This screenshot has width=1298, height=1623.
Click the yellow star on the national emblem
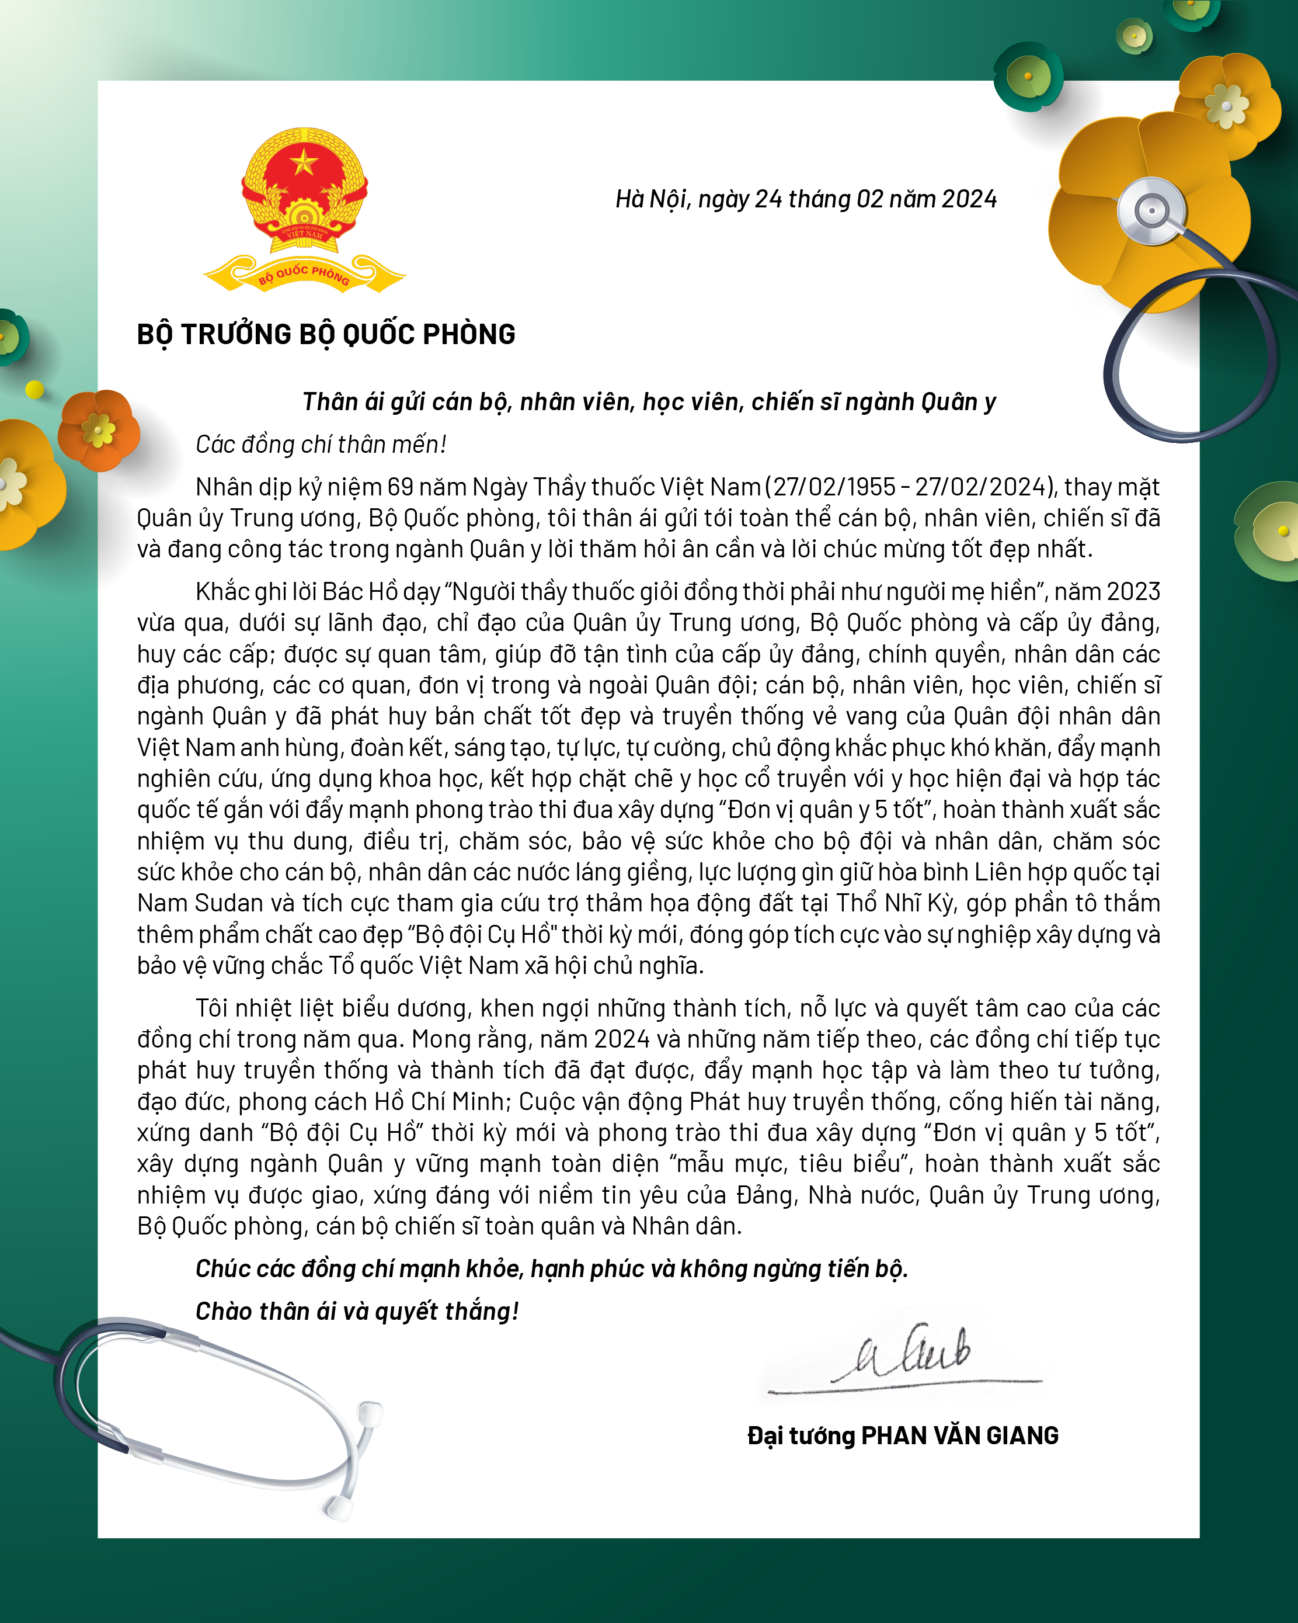304,162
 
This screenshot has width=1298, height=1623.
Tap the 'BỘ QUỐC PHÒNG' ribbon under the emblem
304,276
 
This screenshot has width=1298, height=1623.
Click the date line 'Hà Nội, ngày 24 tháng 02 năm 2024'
806,199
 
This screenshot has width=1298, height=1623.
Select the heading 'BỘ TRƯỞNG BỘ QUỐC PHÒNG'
326,334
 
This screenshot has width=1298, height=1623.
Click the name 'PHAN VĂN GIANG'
959,1436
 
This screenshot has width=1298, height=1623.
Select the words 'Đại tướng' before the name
801,1436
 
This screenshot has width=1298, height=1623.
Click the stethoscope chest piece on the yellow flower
1151,211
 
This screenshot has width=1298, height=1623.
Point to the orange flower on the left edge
99,430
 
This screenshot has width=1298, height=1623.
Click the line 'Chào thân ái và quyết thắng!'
357,1312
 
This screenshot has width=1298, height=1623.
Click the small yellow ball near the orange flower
34,389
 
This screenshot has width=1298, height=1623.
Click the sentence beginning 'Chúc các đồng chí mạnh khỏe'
552,1269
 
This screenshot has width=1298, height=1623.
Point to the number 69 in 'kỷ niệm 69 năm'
401,488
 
